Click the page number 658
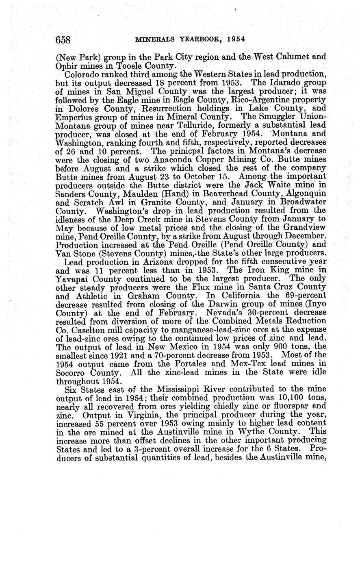pos(63,39)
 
